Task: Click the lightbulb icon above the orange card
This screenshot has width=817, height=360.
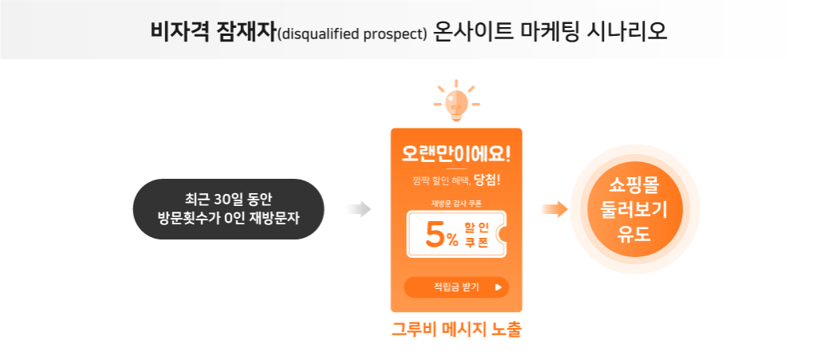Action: click(x=456, y=102)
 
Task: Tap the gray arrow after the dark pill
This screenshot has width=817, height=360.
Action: click(x=358, y=209)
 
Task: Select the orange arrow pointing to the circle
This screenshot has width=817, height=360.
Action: click(x=555, y=209)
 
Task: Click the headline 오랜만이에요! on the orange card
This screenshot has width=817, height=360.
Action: click(x=456, y=153)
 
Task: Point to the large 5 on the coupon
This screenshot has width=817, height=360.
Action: click(x=435, y=235)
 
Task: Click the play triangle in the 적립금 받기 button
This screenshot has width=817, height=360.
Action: click(x=498, y=287)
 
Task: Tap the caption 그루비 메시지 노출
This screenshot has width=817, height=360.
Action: click(x=456, y=329)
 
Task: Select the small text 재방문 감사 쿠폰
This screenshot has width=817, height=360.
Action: click(x=456, y=204)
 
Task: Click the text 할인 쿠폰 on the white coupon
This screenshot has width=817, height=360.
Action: click(x=476, y=235)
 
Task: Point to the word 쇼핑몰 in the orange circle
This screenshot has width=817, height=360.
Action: click(x=634, y=185)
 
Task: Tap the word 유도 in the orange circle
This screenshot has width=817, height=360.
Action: click(x=634, y=233)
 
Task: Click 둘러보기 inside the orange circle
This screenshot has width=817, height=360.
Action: click(x=634, y=209)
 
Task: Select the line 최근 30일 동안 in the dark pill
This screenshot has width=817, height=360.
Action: click(x=228, y=200)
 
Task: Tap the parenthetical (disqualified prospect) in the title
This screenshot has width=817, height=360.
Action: click(x=352, y=34)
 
